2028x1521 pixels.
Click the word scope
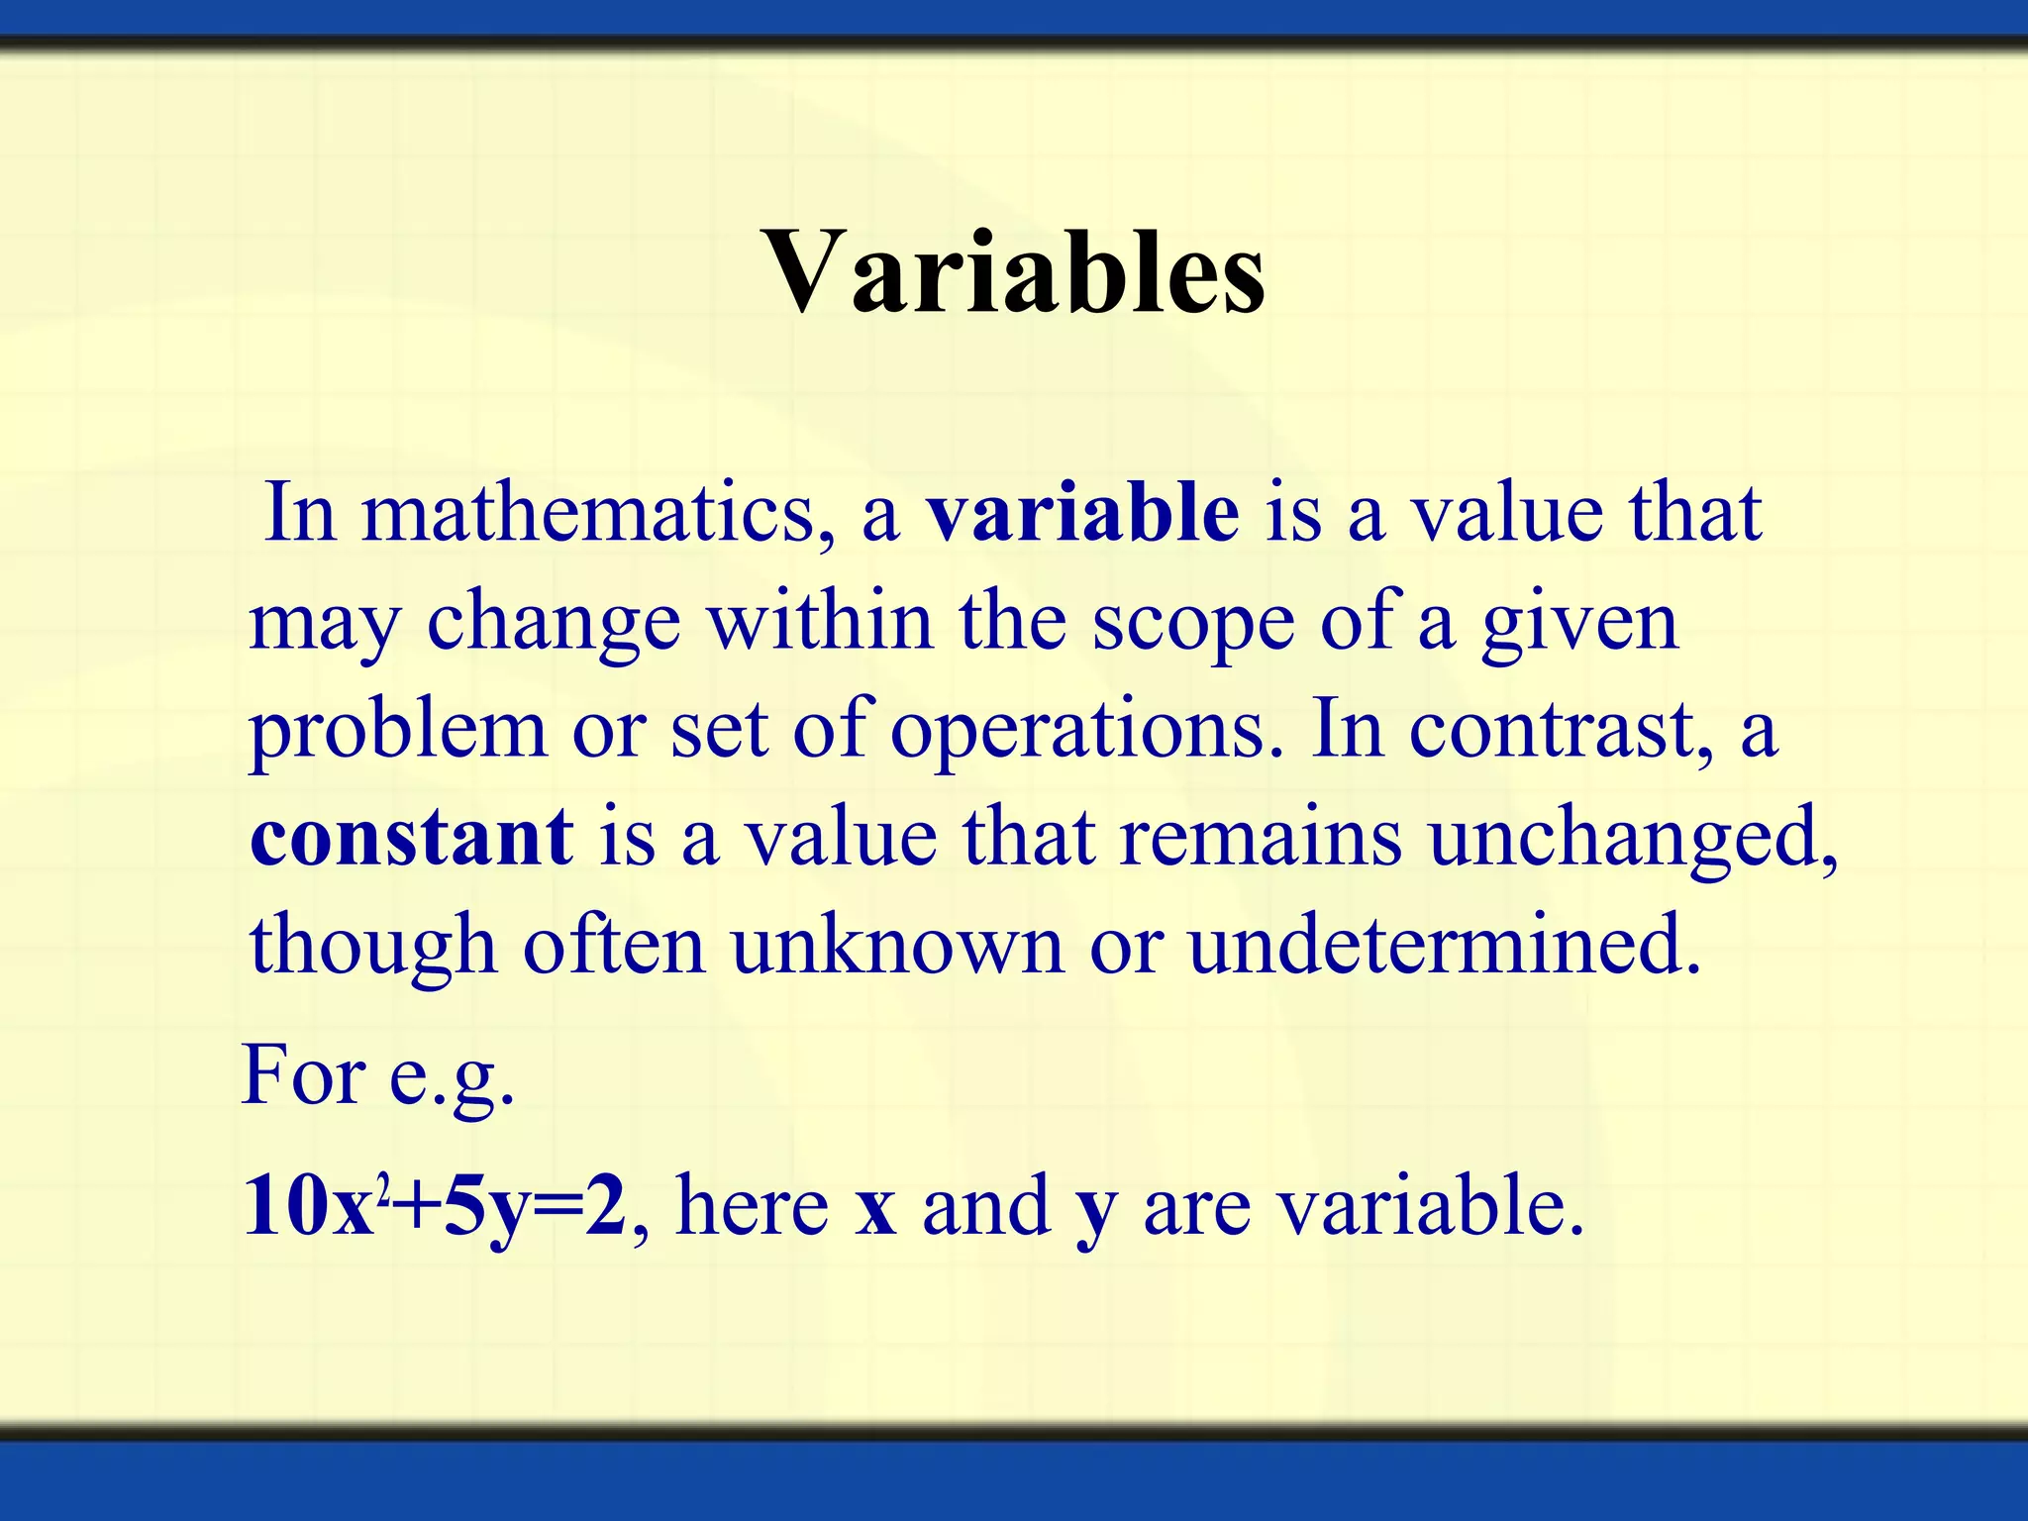[x=1193, y=624]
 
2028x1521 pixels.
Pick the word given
[x=1579, y=624]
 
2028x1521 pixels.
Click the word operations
[x=1078, y=731]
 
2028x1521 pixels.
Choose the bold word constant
[x=411, y=837]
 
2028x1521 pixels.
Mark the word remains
[x=1261, y=837]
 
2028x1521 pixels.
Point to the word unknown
[x=897, y=945]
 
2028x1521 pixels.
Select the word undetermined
[x=1444, y=945]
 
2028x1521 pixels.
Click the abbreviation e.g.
[x=452, y=1077]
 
